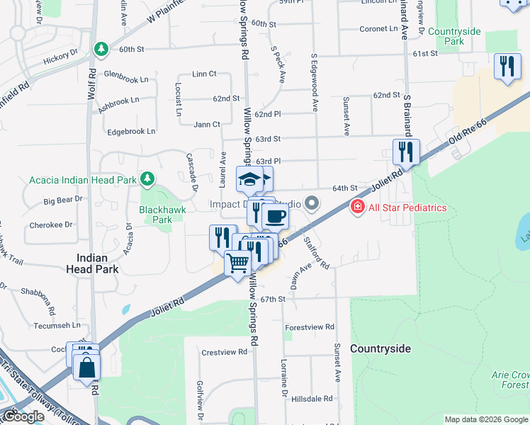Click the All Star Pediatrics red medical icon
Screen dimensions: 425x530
[358, 207]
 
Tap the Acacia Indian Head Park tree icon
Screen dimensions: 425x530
[147, 179]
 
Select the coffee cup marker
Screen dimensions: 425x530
[275, 215]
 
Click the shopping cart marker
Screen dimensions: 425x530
[238, 263]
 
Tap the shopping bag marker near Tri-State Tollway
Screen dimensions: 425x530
[86, 369]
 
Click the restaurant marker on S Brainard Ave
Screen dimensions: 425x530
[406, 152]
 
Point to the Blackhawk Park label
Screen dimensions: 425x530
[156, 215]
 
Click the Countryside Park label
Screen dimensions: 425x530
[455, 36]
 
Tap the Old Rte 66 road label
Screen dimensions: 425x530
[468, 133]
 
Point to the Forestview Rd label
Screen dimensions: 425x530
[309, 327]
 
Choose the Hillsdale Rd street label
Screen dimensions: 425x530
[312, 399]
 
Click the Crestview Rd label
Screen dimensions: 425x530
[224, 351]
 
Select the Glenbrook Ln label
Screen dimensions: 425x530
[130, 74]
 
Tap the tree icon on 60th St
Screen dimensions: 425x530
[101, 49]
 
